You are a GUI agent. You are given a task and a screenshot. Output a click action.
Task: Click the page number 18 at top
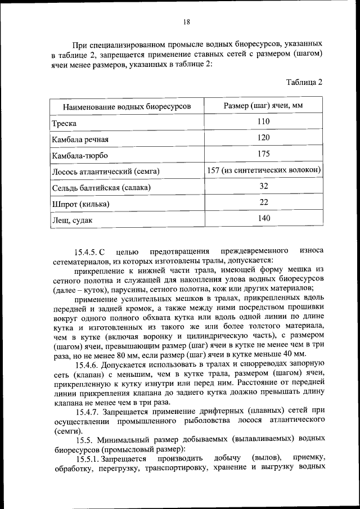(186, 22)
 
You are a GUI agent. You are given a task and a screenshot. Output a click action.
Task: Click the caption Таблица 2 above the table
(304, 82)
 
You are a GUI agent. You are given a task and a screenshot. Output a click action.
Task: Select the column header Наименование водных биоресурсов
(127, 106)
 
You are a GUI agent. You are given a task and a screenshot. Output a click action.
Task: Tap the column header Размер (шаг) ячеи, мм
(263, 106)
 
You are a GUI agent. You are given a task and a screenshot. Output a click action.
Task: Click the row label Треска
(64, 123)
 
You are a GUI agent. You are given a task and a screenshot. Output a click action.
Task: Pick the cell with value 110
(263, 121)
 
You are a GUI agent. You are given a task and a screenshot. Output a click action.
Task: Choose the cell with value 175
(263, 154)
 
